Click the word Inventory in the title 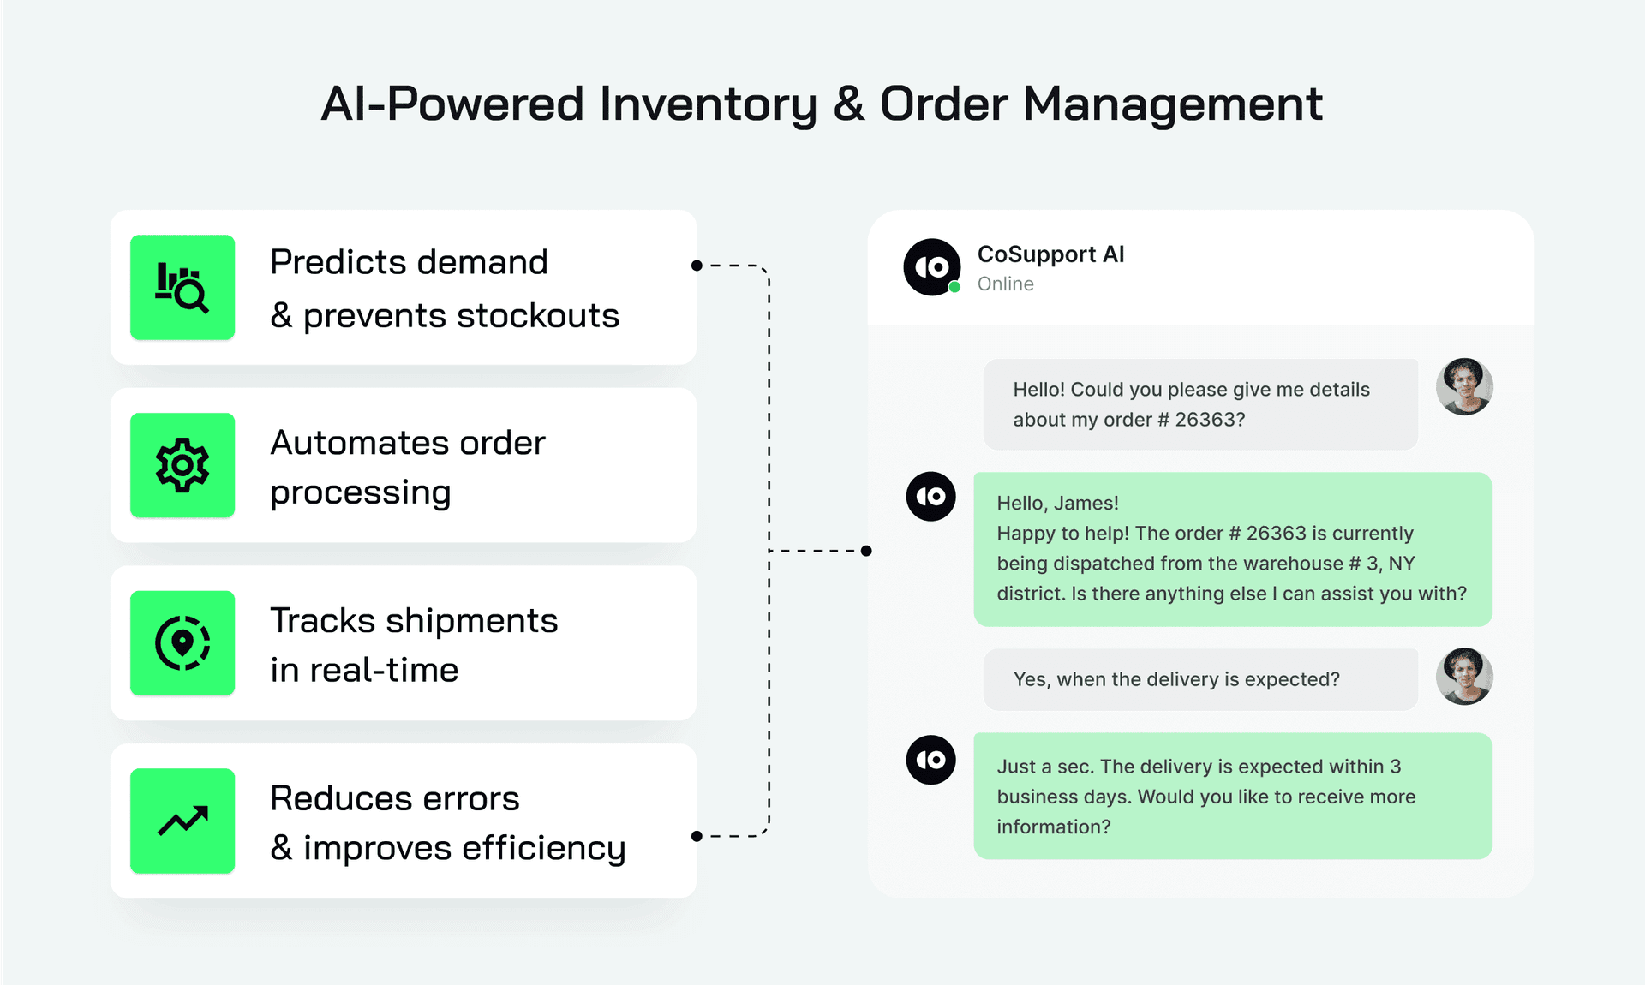pos(709,104)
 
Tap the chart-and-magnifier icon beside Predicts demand pos(182,288)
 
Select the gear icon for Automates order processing pos(182,465)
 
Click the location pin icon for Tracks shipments pos(182,642)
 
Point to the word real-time pos(384,670)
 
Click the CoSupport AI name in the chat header pos(1050,254)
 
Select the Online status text pos(1005,284)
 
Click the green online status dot pos(954,287)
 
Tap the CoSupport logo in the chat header pos(932,267)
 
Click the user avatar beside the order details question pos(1464,386)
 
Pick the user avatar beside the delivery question pos(1464,677)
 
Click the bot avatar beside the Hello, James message pos(931,496)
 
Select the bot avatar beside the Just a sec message pos(931,760)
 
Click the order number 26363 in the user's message pos(1210,420)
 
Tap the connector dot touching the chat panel pos(866,551)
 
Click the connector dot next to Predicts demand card pos(697,266)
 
